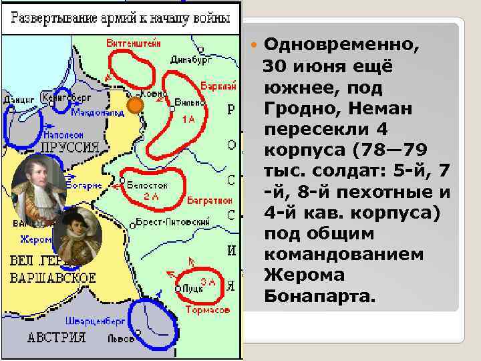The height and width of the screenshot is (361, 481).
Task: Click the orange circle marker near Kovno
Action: pyautogui.click(x=136, y=105)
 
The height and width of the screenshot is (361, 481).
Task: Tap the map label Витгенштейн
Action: pyautogui.click(x=134, y=43)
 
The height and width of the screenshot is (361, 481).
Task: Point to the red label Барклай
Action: pyautogui.click(x=218, y=87)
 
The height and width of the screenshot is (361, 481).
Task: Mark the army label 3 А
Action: pyautogui.click(x=208, y=281)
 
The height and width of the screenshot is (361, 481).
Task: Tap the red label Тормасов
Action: pyautogui.click(x=208, y=310)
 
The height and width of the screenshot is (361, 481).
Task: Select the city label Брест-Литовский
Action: pyautogui.click(x=173, y=221)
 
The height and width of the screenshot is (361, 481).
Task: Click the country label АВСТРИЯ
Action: pyautogui.click(x=57, y=338)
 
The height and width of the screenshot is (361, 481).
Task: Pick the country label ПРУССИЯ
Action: pyautogui.click(x=69, y=146)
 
